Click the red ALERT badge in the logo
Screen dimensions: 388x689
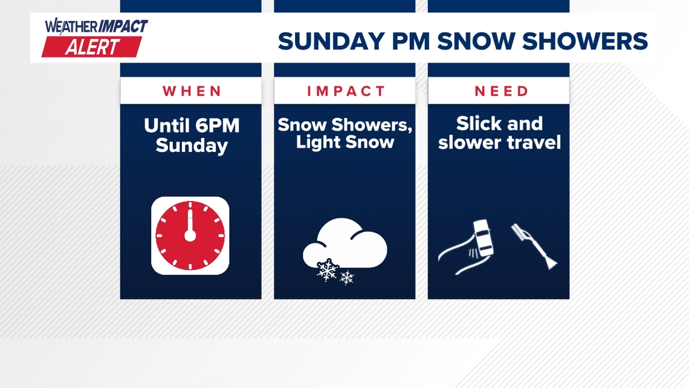click(92, 47)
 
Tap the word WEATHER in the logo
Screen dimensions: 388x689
click(68, 27)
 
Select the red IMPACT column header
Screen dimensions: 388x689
click(345, 91)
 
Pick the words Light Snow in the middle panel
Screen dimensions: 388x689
click(345, 143)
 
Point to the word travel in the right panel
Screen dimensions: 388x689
click(535, 143)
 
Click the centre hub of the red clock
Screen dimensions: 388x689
click(190, 235)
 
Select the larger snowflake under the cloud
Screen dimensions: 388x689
click(327, 270)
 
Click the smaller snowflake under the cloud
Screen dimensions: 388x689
click(347, 278)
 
